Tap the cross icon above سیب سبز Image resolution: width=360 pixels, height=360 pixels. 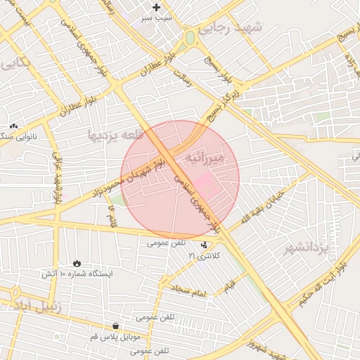click(x=156, y=7)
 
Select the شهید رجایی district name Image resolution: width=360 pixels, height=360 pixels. click(x=229, y=28)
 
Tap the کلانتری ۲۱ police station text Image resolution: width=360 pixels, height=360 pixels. click(x=205, y=256)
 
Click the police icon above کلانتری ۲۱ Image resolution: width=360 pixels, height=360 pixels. click(x=204, y=246)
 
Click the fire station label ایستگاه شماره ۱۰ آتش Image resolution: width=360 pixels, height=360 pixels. click(x=77, y=273)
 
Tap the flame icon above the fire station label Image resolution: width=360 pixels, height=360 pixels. click(x=76, y=263)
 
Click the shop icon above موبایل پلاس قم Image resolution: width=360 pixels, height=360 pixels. click(x=115, y=326)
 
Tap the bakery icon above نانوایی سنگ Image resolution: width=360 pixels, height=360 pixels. click(x=13, y=126)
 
